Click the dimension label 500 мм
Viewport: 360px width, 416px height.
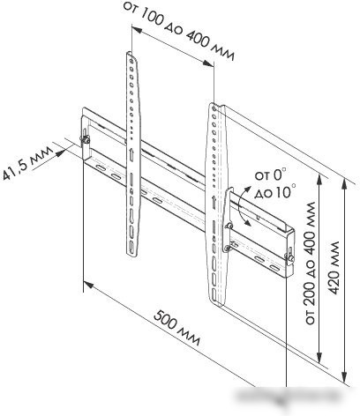pos(177,328)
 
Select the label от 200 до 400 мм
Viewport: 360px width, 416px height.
pos(310,263)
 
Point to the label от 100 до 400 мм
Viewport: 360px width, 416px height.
pos(179,30)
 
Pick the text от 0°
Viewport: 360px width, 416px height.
pos(270,175)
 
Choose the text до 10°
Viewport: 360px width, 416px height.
pos(275,191)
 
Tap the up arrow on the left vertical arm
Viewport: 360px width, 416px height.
pos(131,154)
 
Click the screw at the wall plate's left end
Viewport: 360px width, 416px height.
pos(86,139)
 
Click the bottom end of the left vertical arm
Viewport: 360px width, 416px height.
pos(132,254)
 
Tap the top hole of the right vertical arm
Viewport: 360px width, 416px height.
pos(214,109)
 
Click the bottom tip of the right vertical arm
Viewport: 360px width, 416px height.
pos(219,305)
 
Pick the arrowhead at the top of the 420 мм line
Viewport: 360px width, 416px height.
pos(344,183)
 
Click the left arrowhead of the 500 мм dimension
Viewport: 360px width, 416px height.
pos(88,285)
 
